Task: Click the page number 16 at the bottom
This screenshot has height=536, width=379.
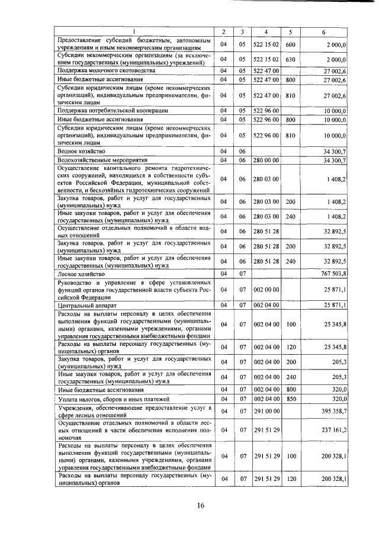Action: tap(201, 505)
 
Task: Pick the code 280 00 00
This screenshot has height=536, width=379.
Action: tap(266, 161)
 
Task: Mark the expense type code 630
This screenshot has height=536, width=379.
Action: tap(290, 59)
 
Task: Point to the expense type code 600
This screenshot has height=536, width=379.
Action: tap(290, 44)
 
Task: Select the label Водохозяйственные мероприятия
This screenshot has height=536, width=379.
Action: tap(98, 161)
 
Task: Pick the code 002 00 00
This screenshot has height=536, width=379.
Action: tap(266, 290)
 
